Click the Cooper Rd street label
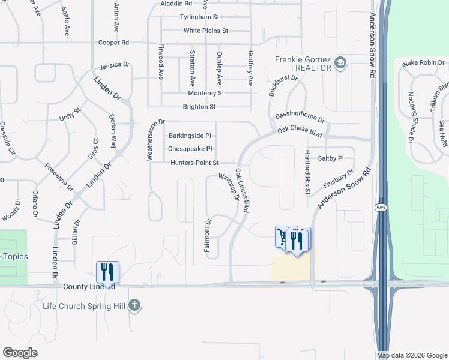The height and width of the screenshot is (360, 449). click(114, 43)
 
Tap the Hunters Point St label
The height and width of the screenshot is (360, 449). click(195, 163)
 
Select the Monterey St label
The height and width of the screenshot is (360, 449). click(206, 93)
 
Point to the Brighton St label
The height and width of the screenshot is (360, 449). click(199, 107)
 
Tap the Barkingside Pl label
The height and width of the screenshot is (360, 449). click(190, 136)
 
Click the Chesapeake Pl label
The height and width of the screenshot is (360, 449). click(190, 148)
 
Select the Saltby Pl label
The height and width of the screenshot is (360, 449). click(331, 158)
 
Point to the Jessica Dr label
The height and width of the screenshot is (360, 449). click(115, 65)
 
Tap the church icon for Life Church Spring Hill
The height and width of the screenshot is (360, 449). click(134, 305)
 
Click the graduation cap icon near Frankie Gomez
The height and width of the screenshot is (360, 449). click(340, 63)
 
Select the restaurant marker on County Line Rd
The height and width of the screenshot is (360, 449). click(107, 272)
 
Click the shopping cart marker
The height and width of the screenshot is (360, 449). click(282, 236)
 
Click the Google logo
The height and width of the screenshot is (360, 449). click(20, 353)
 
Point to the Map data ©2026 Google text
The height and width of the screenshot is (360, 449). click(412, 355)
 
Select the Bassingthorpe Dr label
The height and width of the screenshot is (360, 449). click(300, 116)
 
